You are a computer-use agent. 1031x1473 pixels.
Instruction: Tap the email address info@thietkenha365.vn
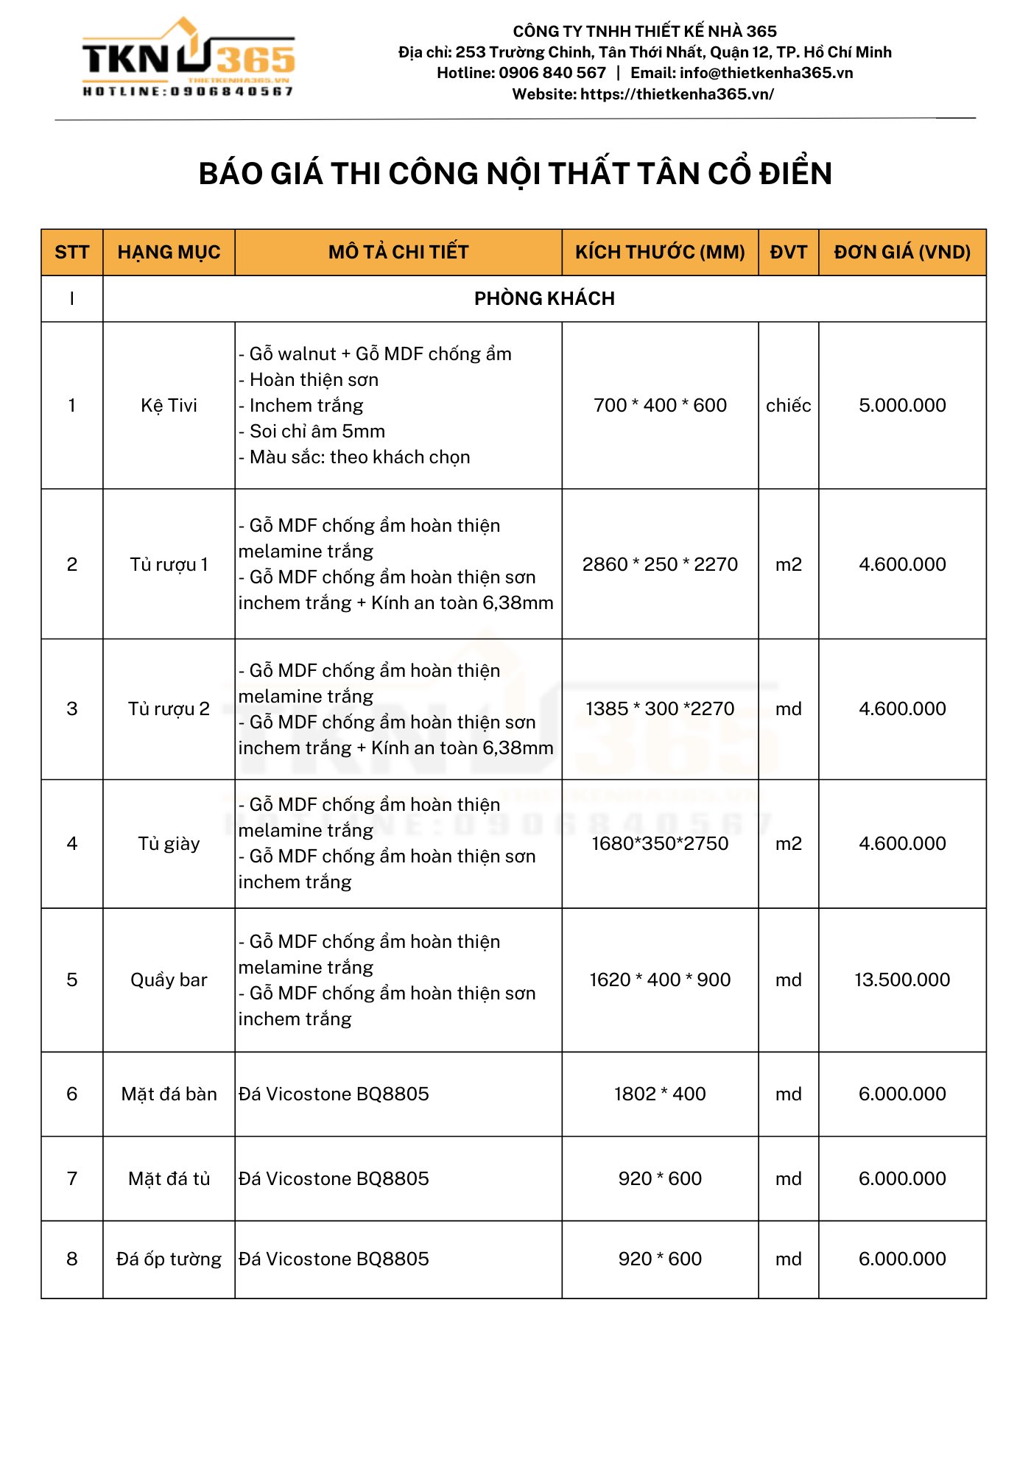click(766, 73)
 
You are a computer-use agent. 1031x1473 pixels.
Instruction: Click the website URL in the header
click(677, 94)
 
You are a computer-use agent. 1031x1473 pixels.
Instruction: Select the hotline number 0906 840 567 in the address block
click(552, 73)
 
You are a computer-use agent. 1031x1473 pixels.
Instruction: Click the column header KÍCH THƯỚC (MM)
click(660, 253)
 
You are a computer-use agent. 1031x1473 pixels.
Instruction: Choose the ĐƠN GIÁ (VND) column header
click(902, 253)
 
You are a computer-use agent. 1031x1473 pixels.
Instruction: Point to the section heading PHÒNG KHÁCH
click(544, 299)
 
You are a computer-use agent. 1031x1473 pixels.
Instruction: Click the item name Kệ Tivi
click(169, 406)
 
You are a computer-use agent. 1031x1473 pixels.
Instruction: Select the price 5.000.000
click(902, 406)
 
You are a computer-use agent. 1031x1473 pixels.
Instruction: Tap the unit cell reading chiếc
click(788, 406)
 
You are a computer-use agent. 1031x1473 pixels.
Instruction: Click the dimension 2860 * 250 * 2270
click(660, 565)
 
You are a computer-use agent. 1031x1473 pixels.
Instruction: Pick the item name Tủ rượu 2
click(169, 709)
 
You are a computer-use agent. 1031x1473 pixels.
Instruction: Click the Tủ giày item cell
click(169, 844)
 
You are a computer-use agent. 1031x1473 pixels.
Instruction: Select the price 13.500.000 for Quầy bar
click(902, 980)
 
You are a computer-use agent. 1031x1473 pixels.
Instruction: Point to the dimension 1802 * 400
click(660, 1094)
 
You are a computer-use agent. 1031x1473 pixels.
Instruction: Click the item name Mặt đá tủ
click(169, 1179)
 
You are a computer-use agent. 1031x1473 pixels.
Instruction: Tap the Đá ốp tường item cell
click(169, 1259)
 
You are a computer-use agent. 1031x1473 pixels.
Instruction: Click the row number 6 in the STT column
click(72, 1094)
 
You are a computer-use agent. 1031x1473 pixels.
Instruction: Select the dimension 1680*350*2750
click(660, 844)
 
